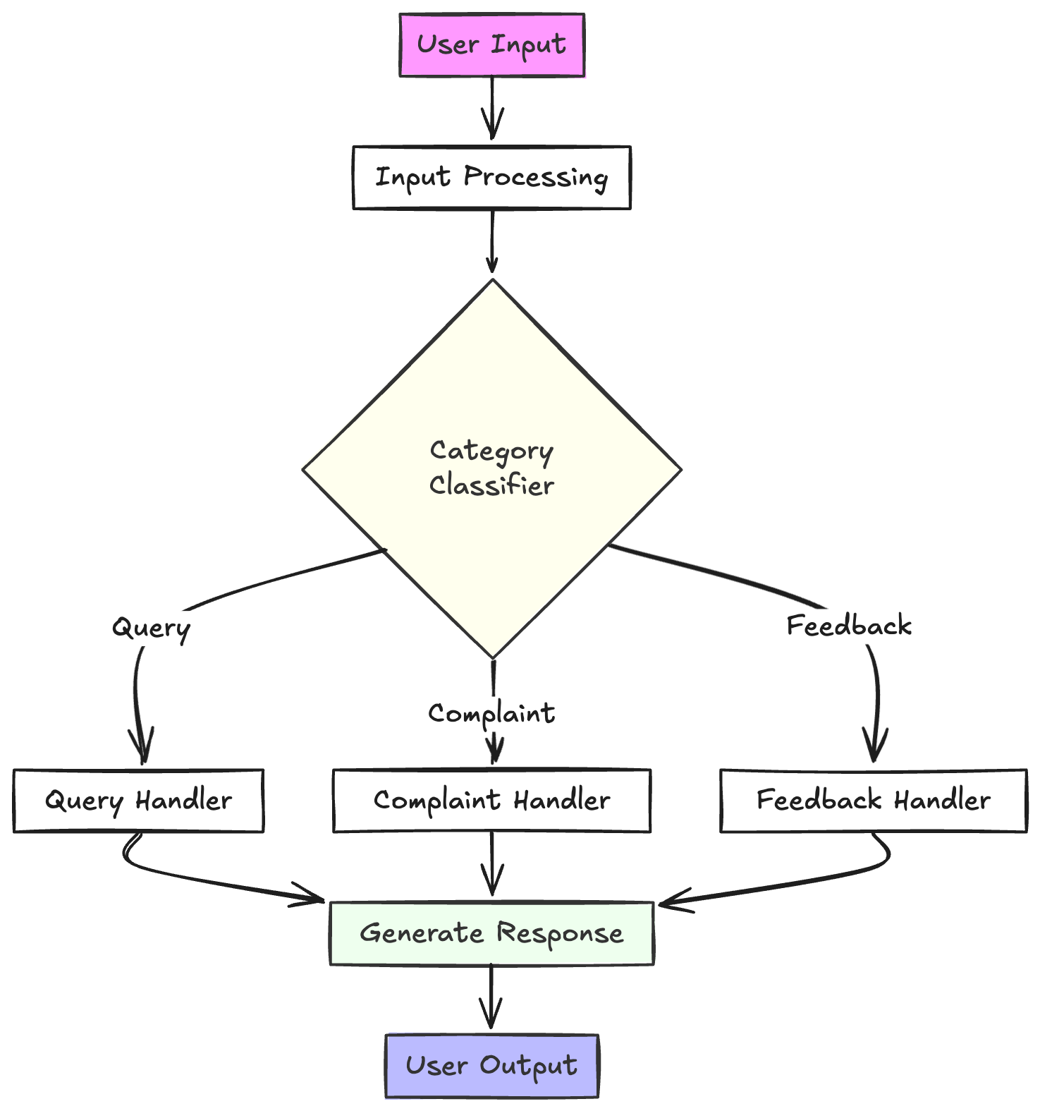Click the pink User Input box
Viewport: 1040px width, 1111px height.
click(491, 45)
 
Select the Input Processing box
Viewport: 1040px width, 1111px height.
click(491, 178)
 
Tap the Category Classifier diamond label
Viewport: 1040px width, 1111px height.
click(491, 468)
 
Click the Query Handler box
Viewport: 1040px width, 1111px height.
click(138, 801)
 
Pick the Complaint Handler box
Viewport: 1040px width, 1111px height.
click(491, 801)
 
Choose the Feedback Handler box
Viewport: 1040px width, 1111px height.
click(874, 801)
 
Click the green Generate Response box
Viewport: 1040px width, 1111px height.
click(491, 933)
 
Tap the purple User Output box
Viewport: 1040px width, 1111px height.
click(491, 1066)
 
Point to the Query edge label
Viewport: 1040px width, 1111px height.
click(151, 628)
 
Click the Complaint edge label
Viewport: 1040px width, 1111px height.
click(491, 714)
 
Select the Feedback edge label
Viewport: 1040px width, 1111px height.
click(849, 626)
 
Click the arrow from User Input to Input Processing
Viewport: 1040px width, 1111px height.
click(492, 106)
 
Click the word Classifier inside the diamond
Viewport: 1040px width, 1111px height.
click(491, 485)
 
